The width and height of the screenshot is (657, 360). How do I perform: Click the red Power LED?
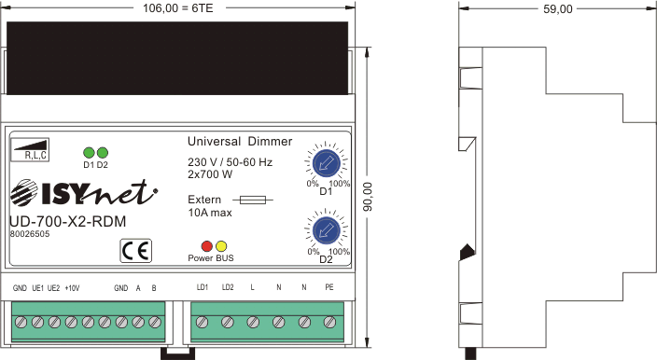(207, 246)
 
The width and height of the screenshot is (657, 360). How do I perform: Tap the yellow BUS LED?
(221, 246)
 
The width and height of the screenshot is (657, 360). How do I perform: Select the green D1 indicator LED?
(89, 153)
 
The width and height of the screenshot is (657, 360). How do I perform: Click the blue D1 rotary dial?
(326, 163)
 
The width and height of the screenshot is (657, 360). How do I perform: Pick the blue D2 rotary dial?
(326, 230)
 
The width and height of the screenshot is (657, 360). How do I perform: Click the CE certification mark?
(135, 251)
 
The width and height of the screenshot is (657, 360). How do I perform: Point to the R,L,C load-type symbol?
(30, 149)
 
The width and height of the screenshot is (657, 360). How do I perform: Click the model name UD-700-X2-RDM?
(67, 221)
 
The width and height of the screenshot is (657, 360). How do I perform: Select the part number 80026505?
(30, 234)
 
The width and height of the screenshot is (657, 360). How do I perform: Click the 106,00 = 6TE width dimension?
(178, 8)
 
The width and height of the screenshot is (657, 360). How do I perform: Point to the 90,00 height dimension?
(368, 197)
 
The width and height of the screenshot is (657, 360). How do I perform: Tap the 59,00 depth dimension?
(558, 9)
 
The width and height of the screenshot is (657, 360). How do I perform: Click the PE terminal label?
(329, 287)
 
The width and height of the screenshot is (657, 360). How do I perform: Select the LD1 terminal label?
(203, 287)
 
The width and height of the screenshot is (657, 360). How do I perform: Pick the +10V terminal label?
(72, 288)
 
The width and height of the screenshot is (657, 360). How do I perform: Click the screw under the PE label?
(329, 323)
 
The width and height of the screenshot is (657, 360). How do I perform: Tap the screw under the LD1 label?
(203, 323)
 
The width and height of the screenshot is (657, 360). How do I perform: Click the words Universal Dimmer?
(240, 142)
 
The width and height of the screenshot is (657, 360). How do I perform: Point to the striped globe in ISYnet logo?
(24, 193)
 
